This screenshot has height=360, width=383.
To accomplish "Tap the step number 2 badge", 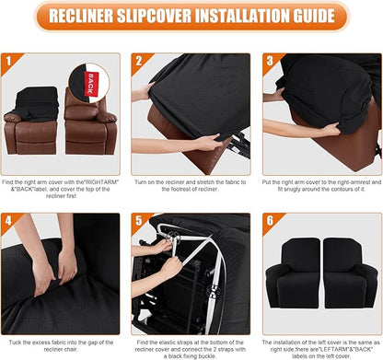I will [x=139, y=62].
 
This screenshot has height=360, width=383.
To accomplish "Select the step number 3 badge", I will [x=270, y=62].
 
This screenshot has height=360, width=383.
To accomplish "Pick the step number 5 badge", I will [x=139, y=222].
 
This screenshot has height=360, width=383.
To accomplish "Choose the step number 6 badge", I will [x=270, y=222].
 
